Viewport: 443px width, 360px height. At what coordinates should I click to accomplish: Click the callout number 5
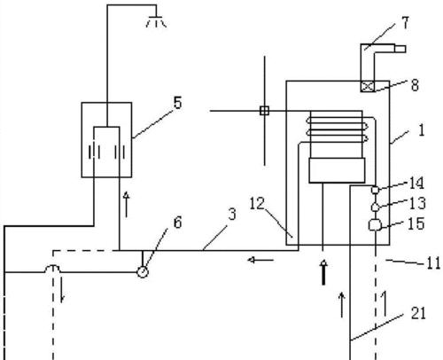pyautogui.click(x=177, y=103)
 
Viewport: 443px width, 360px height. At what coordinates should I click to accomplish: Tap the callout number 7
pyautogui.click(x=406, y=23)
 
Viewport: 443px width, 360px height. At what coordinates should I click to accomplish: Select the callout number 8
pyautogui.click(x=415, y=85)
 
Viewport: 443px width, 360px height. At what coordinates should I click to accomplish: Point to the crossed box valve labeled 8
pyautogui.click(x=368, y=86)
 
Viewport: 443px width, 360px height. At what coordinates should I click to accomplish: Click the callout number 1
pyautogui.click(x=422, y=130)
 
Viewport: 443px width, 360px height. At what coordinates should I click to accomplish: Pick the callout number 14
pyautogui.click(x=416, y=184)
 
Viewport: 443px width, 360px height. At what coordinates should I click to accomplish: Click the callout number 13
pyautogui.click(x=417, y=203)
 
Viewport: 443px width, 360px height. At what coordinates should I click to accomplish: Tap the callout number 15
pyautogui.click(x=416, y=223)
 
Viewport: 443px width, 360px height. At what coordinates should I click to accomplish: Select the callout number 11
pyautogui.click(x=433, y=263)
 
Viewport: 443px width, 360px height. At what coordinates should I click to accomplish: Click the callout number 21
pyautogui.click(x=418, y=313)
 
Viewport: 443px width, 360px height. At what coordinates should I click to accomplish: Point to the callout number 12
pyautogui.click(x=257, y=204)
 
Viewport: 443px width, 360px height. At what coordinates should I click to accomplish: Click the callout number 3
pyautogui.click(x=232, y=215)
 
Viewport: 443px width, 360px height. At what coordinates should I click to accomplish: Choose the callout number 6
pyautogui.click(x=177, y=223)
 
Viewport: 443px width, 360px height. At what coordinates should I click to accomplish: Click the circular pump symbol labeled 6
pyautogui.click(x=143, y=272)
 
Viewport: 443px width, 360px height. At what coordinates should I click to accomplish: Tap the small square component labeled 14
pyautogui.click(x=375, y=190)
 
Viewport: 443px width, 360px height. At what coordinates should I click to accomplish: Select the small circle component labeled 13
pyautogui.click(x=375, y=207)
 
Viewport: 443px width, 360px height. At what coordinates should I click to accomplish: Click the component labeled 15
pyautogui.click(x=375, y=225)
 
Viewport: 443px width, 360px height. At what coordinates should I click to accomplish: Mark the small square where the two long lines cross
pyautogui.click(x=264, y=111)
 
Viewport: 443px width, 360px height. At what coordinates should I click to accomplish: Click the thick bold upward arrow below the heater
pyautogui.click(x=324, y=272)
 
